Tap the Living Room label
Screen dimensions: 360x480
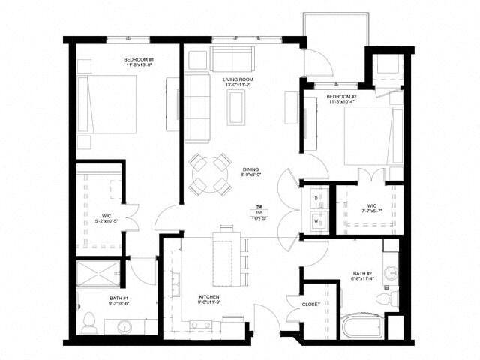[x=236, y=82]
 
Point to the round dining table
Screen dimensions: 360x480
[x=209, y=174]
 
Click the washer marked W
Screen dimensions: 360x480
[x=316, y=222]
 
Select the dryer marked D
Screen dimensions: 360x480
[x=316, y=198]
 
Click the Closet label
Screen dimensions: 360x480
[x=310, y=304]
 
